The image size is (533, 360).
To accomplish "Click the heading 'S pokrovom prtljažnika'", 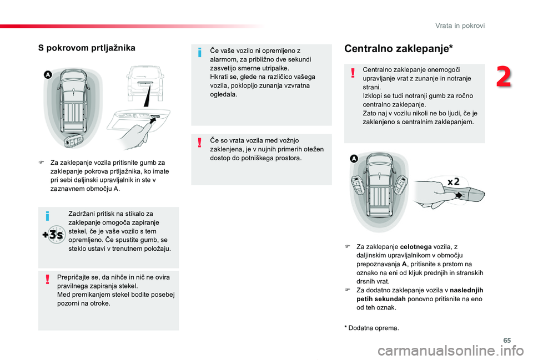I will (86, 48).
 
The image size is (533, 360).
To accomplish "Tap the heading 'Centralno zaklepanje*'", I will (399, 49).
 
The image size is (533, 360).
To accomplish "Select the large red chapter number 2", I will (504, 78).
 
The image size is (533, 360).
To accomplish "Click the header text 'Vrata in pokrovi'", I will (460, 26).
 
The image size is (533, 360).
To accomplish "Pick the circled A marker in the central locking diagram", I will (354, 159).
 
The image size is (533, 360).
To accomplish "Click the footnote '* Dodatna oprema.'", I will (371, 328).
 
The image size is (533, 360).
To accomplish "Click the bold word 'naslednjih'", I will (465, 290).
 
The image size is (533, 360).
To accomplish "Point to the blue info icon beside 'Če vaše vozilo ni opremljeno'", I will (199, 53).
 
